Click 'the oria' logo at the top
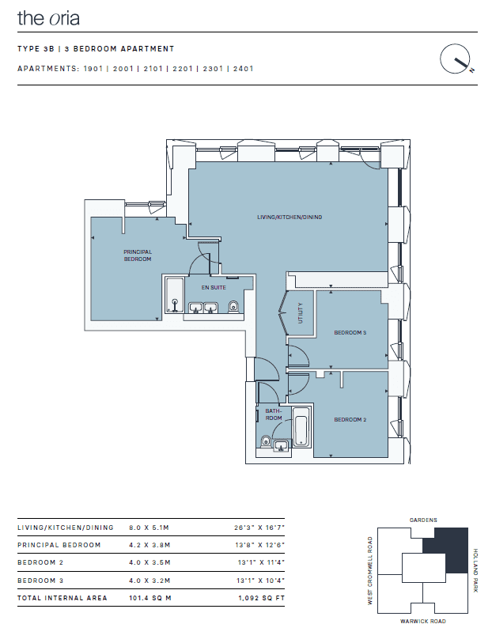pos(48,18)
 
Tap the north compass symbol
pos(455,59)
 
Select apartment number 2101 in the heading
pos(153,69)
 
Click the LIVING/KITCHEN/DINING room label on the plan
pos(290,217)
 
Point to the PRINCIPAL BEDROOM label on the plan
pos(138,255)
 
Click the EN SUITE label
pos(214,287)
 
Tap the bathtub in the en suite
pos(175,295)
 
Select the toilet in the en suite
pos(233,306)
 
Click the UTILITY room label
pos(301,313)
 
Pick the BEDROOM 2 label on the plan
pos(350,419)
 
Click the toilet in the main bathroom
pos(265,441)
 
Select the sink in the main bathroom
pos(282,446)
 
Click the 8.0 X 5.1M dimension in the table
pos(149,528)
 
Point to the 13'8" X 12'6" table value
pos(259,545)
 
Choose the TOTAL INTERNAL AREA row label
pos(62,598)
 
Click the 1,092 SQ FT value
pos(261,598)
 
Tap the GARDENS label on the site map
pos(423,520)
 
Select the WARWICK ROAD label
pos(423,622)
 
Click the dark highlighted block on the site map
pos(456,550)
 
